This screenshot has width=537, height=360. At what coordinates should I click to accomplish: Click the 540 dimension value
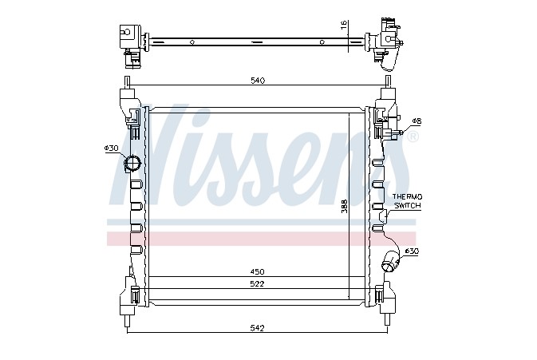258,81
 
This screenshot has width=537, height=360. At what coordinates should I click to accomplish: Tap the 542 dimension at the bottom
257,328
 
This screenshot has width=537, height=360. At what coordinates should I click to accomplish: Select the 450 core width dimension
257,271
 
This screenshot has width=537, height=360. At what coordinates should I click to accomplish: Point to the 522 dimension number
257,283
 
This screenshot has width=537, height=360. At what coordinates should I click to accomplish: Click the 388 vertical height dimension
344,206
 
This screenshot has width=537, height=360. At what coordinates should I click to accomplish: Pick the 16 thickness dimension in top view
344,24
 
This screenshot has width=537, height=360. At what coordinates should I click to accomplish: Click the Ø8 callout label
417,121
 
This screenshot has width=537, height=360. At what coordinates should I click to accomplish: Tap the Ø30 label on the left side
111,148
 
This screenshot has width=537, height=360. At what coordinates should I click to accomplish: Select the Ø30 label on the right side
412,251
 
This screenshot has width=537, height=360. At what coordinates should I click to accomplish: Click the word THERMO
407,197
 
